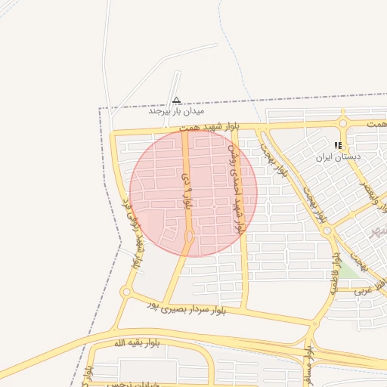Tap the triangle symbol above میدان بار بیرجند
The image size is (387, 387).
[x=176, y=100]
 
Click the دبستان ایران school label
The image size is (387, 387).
[x=339, y=157]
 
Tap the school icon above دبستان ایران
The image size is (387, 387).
[x=339, y=145]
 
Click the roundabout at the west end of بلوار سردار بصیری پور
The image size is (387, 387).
[x=125, y=292]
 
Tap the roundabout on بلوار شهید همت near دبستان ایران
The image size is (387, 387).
[x=343, y=123]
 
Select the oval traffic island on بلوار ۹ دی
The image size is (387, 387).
[x=189, y=238]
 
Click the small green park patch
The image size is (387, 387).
[x=348, y=270]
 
